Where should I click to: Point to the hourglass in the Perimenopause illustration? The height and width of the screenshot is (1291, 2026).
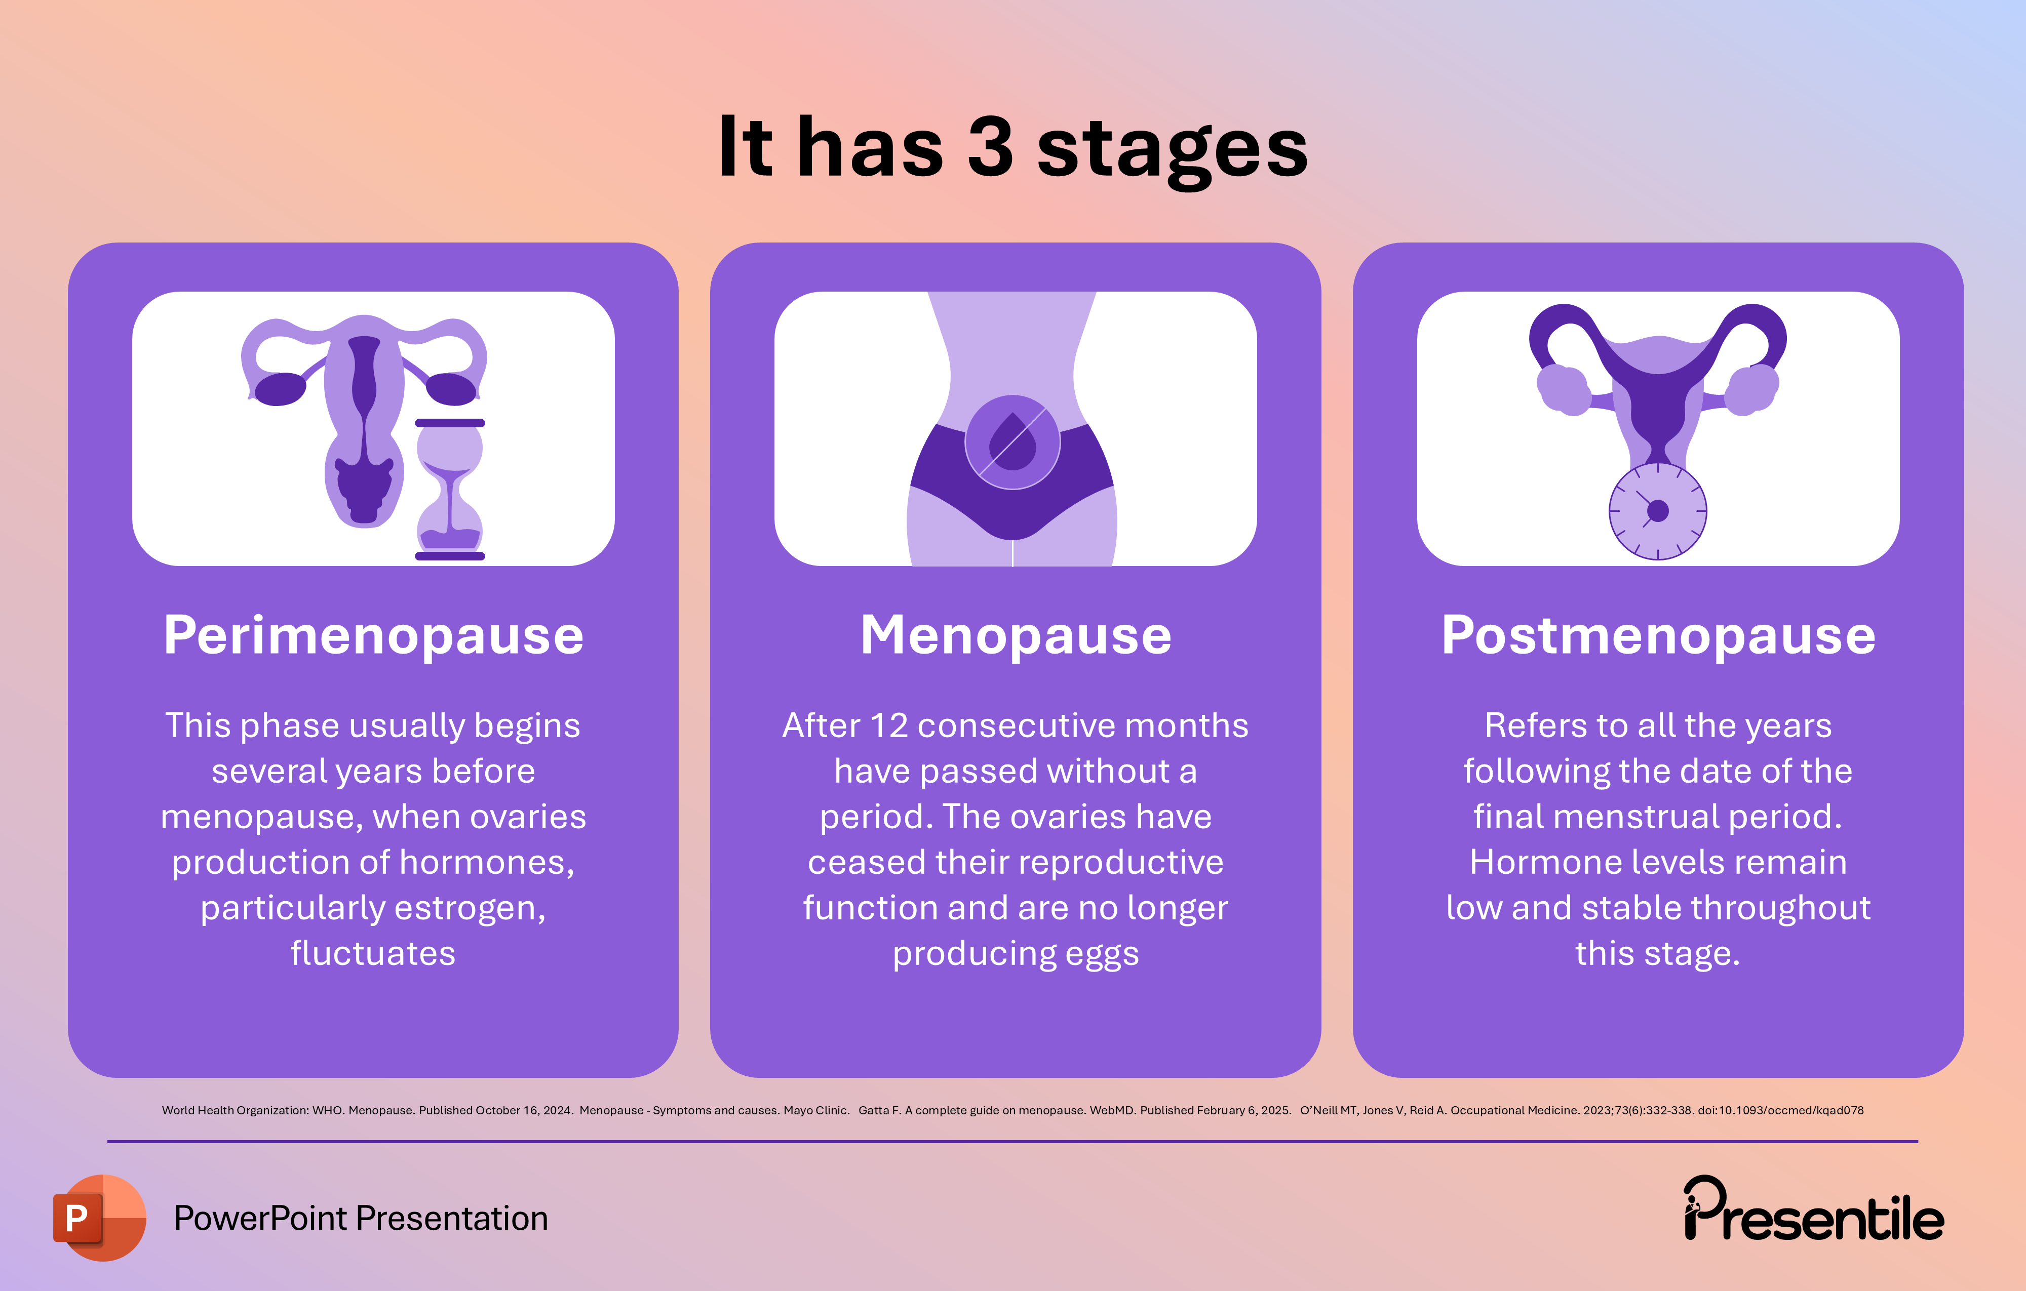[450, 489]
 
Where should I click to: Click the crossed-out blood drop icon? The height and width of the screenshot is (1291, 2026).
[1012, 441]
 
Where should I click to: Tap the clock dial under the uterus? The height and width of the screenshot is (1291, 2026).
[1657, 510]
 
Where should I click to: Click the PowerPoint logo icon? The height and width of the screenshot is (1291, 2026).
[98, 1217]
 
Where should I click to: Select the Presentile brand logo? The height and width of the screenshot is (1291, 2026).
[1813, 1211]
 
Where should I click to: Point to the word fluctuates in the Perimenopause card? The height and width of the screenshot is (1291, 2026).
[373, 954]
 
